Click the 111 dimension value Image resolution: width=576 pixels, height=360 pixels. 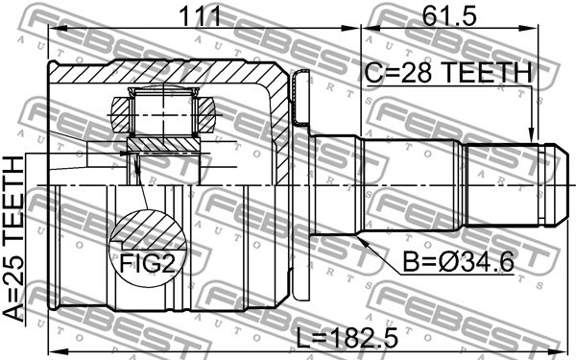point(200,15)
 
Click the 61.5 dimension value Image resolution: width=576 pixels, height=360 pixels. point(449,15)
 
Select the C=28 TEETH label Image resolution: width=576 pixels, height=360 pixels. point(448,72)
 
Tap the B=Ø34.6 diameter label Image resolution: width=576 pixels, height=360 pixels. point(458,262)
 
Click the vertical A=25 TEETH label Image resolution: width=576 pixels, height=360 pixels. point(13,239)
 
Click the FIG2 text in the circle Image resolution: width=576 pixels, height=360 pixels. point(148,262)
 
